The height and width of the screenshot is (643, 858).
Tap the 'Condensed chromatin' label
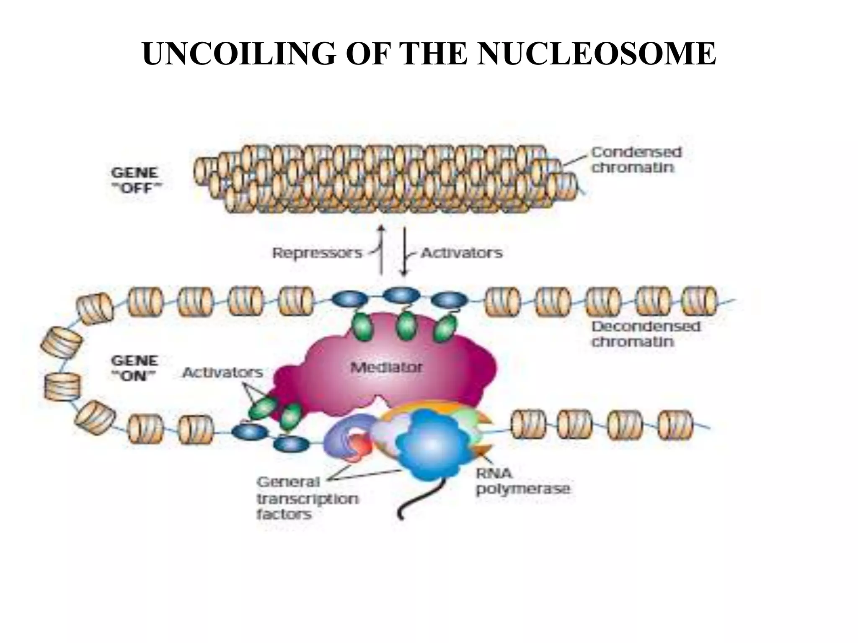coord(636,160)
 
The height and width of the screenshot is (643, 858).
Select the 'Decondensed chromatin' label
coord(645,334)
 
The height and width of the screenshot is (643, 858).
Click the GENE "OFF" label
coord(135,180)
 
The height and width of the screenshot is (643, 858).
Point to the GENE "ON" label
coord(134,368)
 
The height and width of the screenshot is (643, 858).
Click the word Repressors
coord(317,253)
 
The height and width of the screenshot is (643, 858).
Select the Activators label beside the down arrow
coord(461,253)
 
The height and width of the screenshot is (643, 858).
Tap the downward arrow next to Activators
coord(404,251)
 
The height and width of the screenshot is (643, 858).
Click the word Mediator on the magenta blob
coord(386,368)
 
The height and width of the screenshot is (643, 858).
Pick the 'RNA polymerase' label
coord(522,481)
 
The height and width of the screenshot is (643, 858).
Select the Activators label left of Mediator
coord(222,372)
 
